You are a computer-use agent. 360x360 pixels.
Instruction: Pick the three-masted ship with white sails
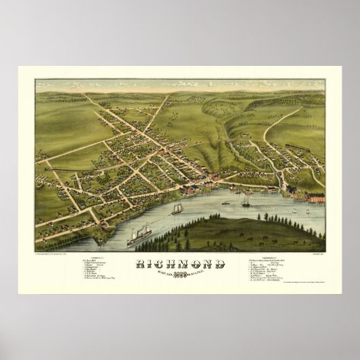(x=178, y=208)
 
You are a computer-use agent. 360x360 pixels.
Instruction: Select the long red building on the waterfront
(x=316, y=197)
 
